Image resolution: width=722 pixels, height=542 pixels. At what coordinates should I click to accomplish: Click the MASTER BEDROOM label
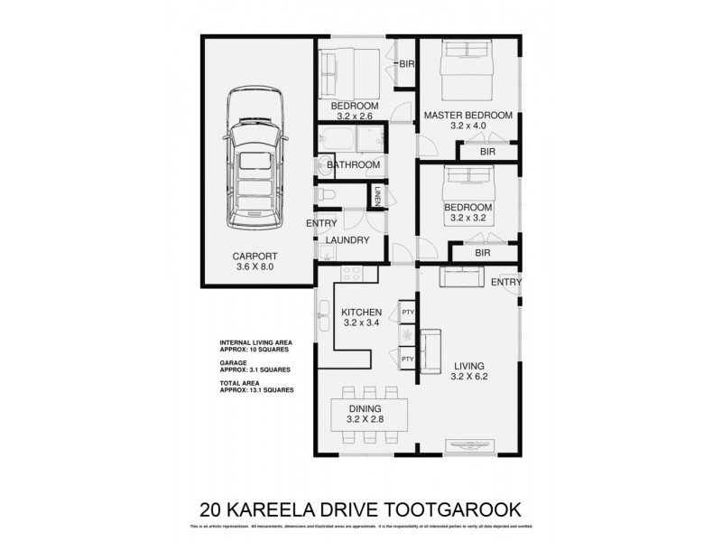point(467,116)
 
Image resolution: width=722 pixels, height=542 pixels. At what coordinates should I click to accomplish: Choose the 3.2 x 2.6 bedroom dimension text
point(354,116)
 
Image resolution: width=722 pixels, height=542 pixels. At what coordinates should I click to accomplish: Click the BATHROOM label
point(353,165)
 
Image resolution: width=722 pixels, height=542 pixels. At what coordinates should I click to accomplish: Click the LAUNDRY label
point(348,240)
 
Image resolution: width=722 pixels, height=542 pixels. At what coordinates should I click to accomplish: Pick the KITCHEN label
point(362,313)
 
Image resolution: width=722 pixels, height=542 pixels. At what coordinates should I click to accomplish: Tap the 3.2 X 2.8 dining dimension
point(366,420)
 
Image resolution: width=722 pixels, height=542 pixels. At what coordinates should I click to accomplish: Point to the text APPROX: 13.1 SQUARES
point(256,390)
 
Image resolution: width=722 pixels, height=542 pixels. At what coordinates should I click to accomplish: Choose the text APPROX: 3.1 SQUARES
point(255,369)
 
